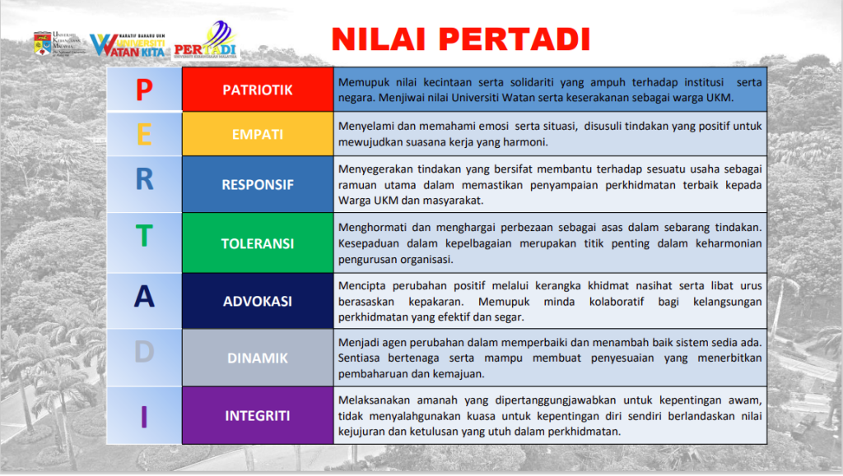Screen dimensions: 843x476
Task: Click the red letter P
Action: [144, 90]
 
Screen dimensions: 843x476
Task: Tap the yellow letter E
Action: [144, 134]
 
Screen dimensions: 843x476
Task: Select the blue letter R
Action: [144, 179]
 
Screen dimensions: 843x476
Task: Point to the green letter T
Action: [144, 236]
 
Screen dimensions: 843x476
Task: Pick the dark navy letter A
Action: [144, 296]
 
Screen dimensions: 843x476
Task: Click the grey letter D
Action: [144, 352]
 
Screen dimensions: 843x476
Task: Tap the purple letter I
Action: [144, 417]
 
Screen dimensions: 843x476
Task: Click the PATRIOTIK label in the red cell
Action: [258, 90]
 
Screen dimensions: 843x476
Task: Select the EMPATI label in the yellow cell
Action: [258, 134]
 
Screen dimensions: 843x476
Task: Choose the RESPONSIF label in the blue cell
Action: [258, 185]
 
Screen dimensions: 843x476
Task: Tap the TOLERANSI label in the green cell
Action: [258, 243]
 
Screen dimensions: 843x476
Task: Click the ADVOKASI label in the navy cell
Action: [258, 301]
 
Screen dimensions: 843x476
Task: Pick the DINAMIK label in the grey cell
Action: [258, 358]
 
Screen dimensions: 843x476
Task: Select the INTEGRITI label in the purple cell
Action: [258, 415]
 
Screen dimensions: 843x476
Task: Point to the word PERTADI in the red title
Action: [515, 39]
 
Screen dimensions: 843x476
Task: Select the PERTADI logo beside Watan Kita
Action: [205, 40]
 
